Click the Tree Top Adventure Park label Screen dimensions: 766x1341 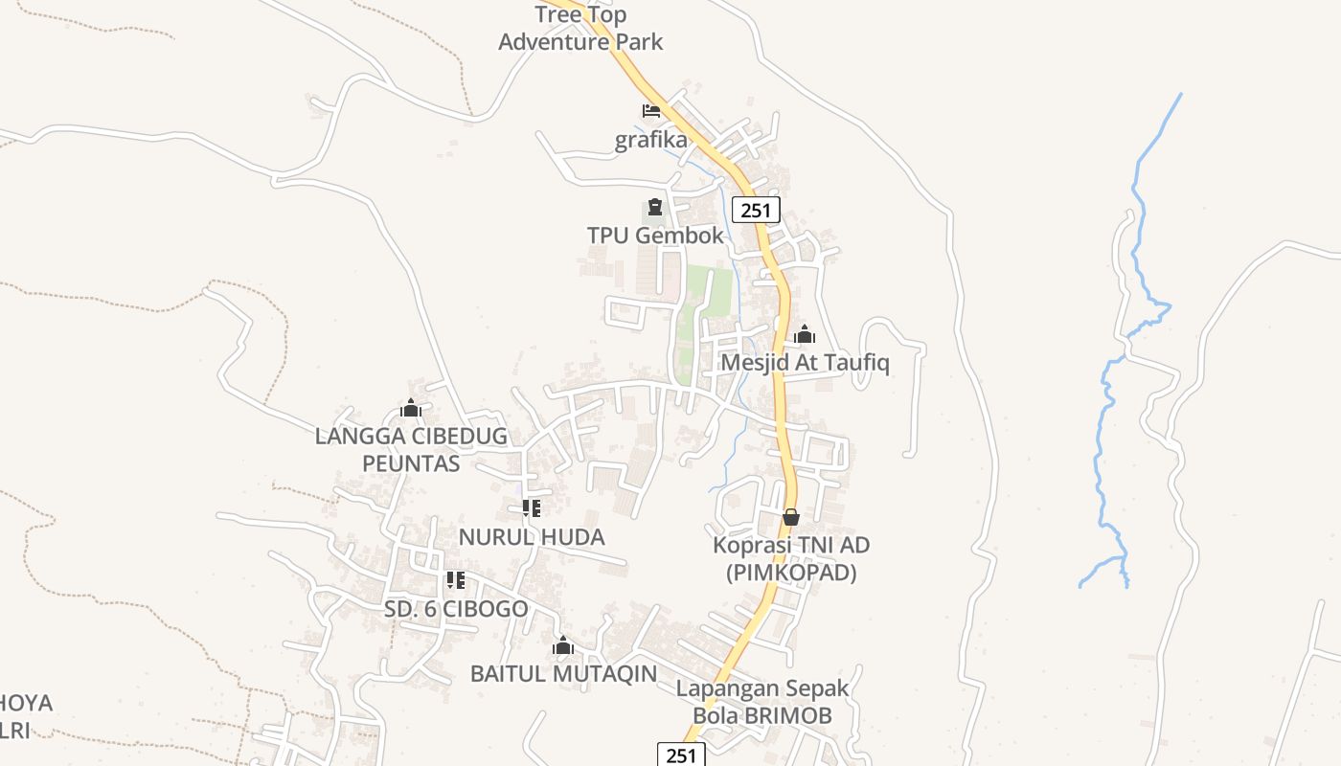pos(580,28)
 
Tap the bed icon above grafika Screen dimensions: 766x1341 pos(651,111)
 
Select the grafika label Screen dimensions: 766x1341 pos(651,140)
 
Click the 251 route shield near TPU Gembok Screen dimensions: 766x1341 pos(756,210)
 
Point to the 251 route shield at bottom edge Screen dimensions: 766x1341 pos(681,755)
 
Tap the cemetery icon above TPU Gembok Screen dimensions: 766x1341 pos(654,207)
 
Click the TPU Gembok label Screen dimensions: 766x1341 pos(655,235)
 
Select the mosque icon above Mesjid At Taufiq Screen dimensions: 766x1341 pos(805,334)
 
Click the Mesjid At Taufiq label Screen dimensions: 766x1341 pos(805,363)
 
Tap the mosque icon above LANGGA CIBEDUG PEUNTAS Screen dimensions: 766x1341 pos(411,409)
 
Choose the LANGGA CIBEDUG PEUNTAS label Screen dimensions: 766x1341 pos(412,450)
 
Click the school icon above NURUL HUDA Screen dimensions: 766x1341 pos(532,508)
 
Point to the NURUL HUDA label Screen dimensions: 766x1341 pos(532,536)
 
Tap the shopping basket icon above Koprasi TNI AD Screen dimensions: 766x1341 pos(791,517)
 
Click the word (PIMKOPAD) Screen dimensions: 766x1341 pos(791,574)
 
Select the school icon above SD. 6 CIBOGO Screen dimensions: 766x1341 pos(456,580)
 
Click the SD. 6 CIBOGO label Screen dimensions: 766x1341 pos(456,609)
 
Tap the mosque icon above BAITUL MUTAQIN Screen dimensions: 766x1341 pos(563,646)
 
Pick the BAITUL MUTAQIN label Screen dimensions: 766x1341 pos(563,674)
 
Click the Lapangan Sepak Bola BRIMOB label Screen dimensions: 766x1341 pos(762,702)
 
